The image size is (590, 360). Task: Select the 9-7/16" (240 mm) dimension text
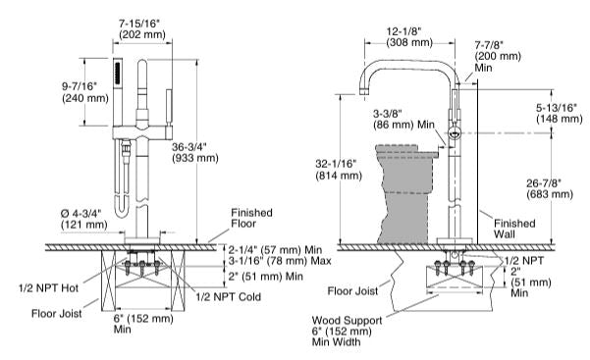[x=85, y=92]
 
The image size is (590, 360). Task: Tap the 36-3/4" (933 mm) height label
[x=195, y=152]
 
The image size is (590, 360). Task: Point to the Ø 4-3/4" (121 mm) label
[x=83, y=219]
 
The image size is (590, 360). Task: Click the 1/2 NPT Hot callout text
[x=48, y=288]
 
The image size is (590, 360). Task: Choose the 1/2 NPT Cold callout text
[x=228, y=297]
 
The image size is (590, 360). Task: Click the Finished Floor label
[x=251, y=218]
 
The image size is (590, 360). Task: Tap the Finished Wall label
[x=514, y=229]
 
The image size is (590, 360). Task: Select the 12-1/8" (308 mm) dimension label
[x=409, y=36]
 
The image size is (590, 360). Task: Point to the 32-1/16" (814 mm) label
[x=339, y=170]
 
